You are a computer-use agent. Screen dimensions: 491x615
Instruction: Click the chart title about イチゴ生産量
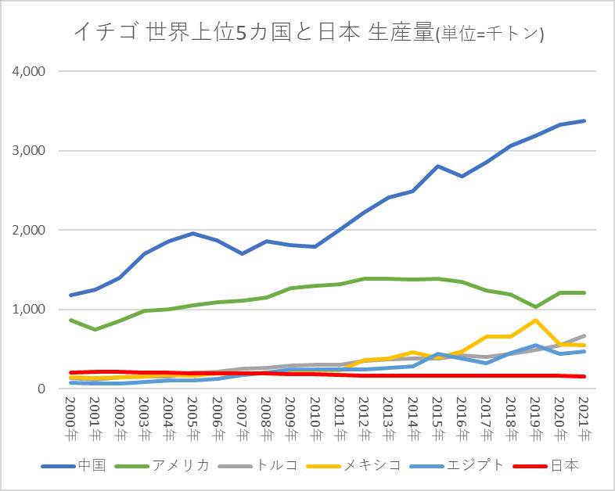click(308, 32)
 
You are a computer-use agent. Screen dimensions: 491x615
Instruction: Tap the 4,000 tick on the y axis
click(29, 71)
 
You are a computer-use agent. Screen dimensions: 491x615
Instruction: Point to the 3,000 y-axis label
click(29, 151)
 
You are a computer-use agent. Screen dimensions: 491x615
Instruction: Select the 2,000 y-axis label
click(29, 231)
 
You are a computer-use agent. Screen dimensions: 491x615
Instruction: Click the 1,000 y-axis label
click(29, 310)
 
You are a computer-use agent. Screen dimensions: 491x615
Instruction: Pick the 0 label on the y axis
click(41, 389)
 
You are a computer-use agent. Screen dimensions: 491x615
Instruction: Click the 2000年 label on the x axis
click(70, 422)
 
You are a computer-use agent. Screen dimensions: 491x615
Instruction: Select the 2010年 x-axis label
click(315, 422)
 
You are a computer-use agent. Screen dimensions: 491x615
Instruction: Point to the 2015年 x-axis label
click(438, 422)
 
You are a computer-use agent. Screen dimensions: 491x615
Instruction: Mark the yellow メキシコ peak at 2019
click(536, 320)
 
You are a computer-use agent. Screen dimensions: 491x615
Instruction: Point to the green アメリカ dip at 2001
click(95, 329)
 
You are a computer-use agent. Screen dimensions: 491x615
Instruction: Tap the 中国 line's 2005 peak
click(192, 234)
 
